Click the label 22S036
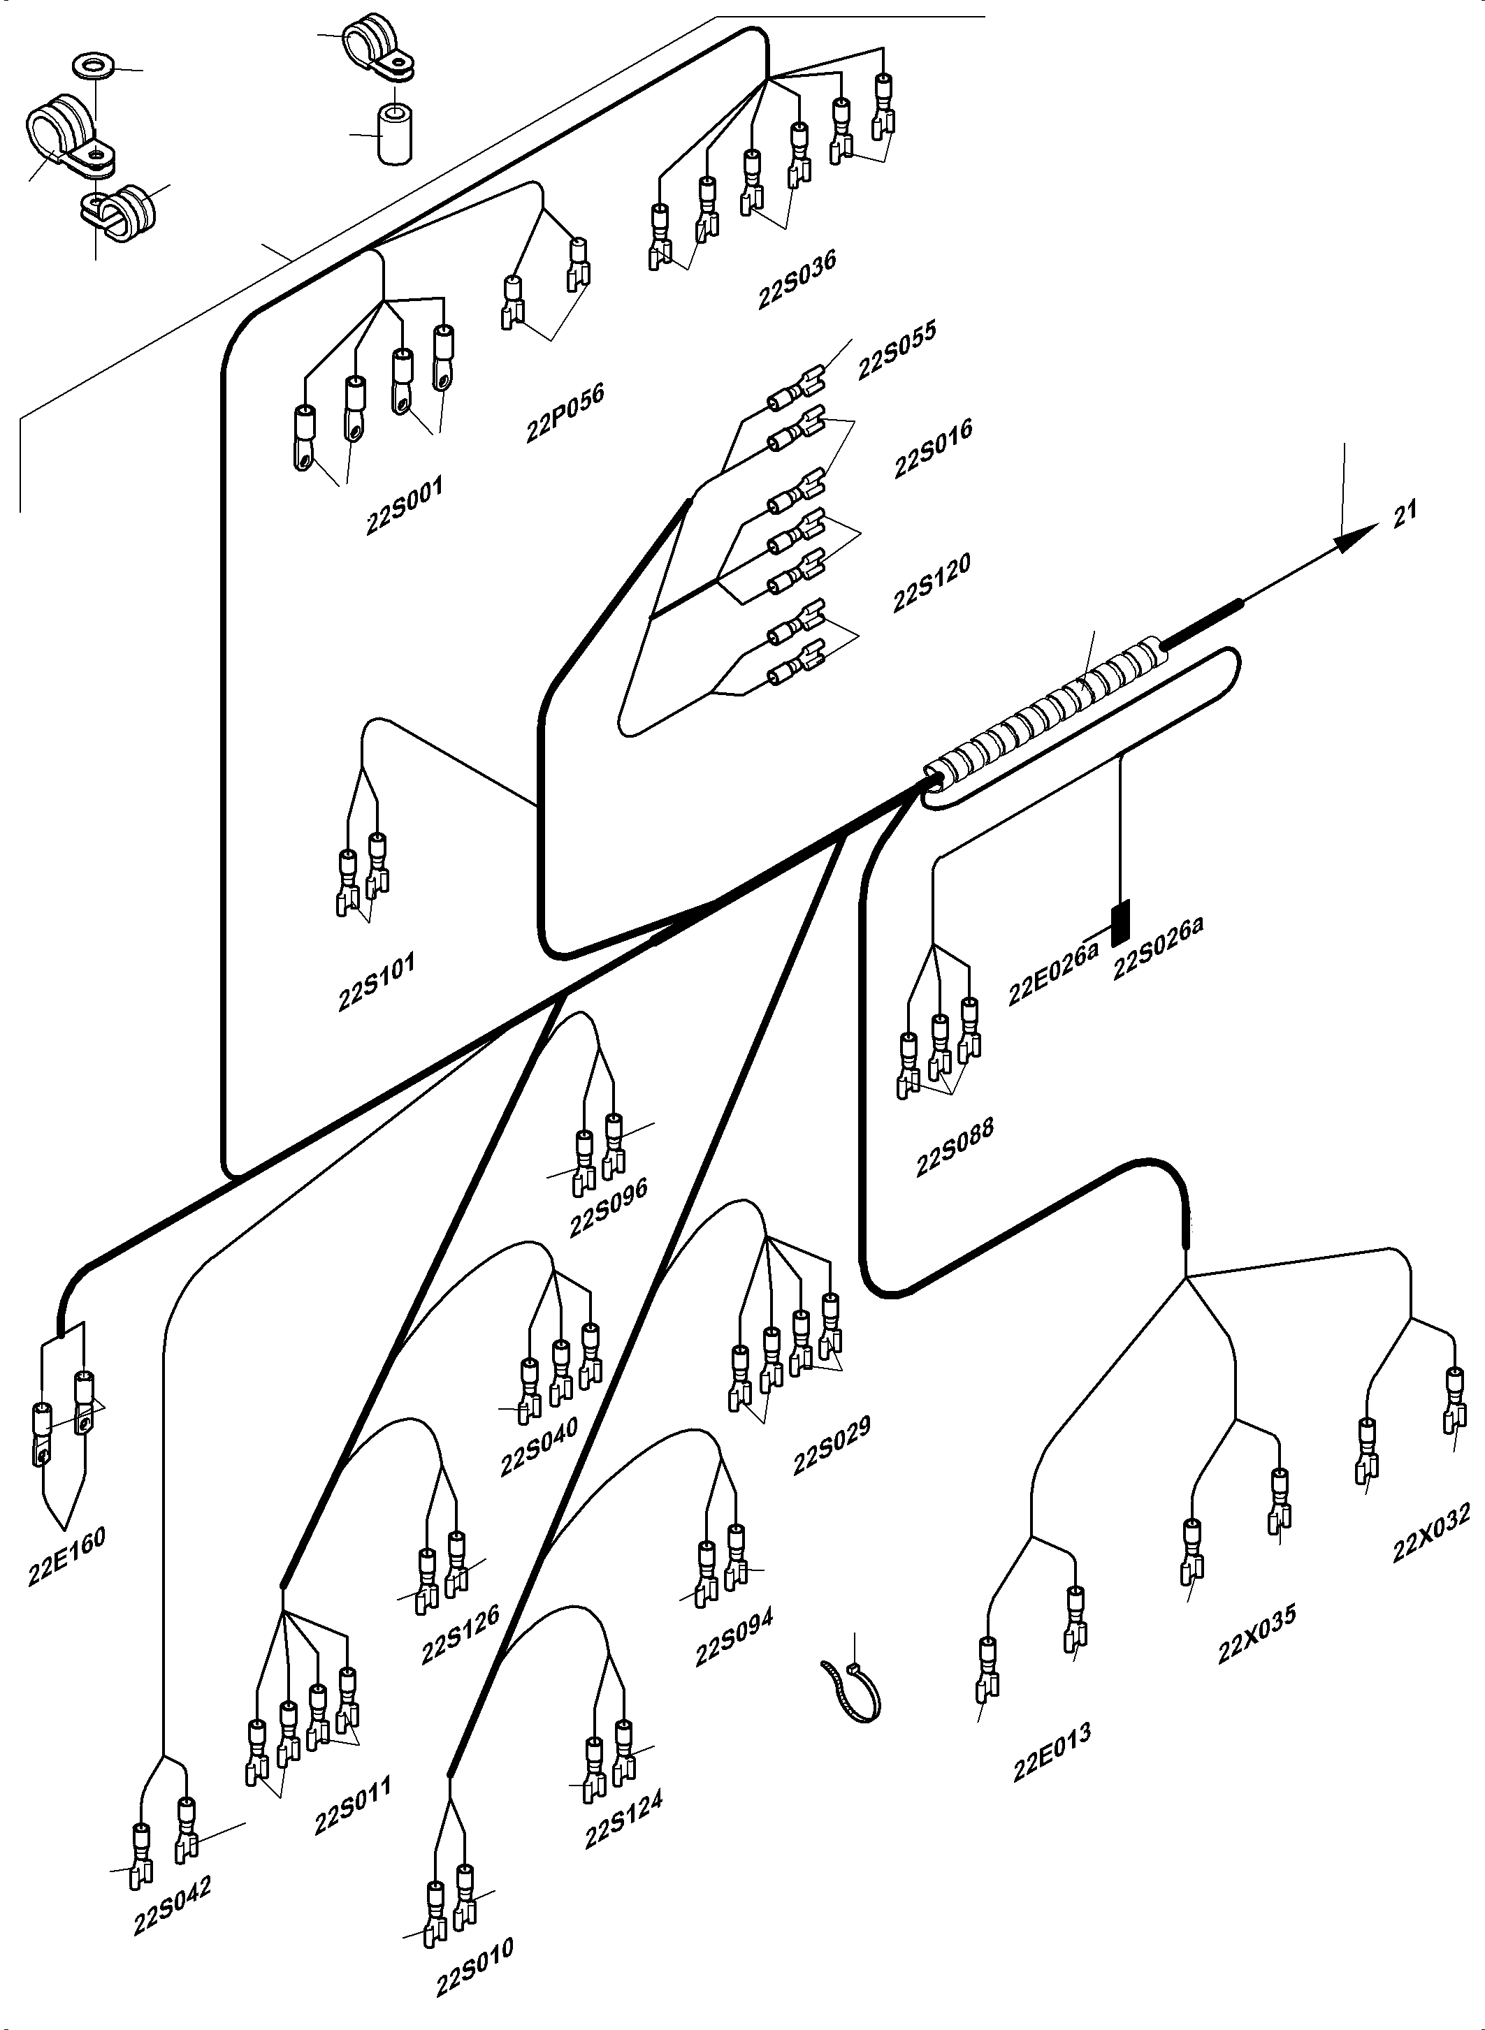[x=797, y=279]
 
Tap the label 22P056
[x=565, y=412]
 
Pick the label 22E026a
[x=1052, y=973]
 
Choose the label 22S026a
[x=1158, y=948]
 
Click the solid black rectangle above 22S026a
[x=1120, y=923]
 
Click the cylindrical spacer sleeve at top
[x=393, y=135]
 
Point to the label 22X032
[x=1431, y=1533]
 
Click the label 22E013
[x=1052, y=1751]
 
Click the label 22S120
[x=932, y=583]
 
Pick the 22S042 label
[x=172, y=1907]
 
